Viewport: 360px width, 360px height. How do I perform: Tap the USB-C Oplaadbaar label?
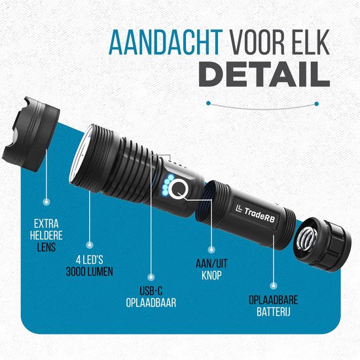pyautogui.click(x=152, y=298)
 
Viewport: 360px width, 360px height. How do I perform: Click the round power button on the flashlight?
pyautogui.click(x=181, y=192)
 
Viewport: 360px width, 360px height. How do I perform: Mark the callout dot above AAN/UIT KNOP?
pyautogui.click(x=211, y=248)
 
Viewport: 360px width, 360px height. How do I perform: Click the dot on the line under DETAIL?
pyautogui.click(x=209, y=103)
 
